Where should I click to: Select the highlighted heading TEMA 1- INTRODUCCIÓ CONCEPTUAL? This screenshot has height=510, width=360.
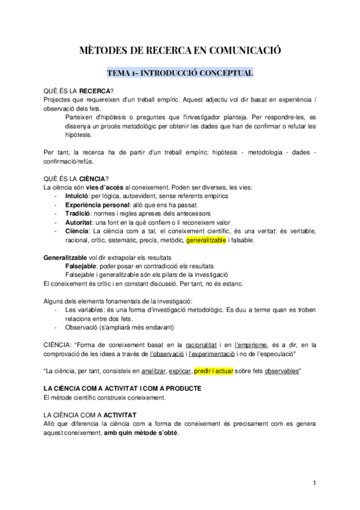click(x=180, y=73)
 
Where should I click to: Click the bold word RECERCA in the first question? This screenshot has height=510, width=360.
click(x=95, y=90)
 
